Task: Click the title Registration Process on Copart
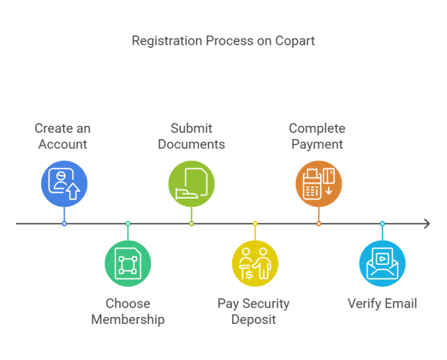pos(223,41)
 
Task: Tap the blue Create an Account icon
pos(64,184)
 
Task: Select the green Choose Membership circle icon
pos(127,263)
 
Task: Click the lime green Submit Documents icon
pos(191,184)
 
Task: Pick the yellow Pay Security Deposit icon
pos(255,263)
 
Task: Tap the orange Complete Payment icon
pos(318,184)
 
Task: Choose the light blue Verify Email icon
pos(382,263)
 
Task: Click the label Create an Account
pos(63,136)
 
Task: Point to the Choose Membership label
pos(127,312)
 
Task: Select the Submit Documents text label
pos(191,136)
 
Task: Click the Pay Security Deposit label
pos(253,312)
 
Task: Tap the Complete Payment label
pos(317,136)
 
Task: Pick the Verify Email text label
pos(382,303)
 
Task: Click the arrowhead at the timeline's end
pos(427,224)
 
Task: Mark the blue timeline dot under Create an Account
pos(64,224)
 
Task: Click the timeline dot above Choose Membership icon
pos(128,224)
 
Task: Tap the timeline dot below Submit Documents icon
pos(191,224)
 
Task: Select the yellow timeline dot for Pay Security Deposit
pos(255,224)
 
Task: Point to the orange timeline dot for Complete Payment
pos(318,224)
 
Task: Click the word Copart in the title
pos(296,41)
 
